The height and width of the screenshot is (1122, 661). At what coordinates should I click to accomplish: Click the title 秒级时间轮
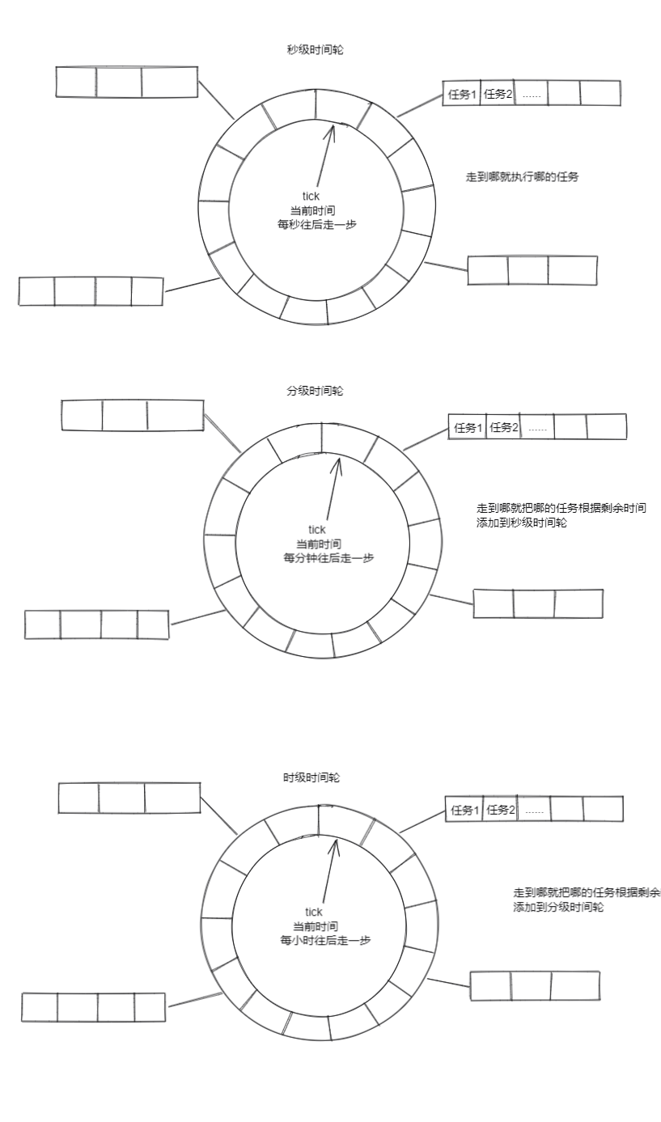(x=311, y=50)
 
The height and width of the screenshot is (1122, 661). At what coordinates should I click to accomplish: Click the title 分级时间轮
(x=315, y=391)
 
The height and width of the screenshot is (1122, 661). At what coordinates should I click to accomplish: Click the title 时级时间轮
(x=311, y=777)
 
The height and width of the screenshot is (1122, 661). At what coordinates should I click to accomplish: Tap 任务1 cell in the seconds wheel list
(x=462, y=94)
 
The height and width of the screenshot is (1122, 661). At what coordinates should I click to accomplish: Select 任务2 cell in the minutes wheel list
(x=504, y=427)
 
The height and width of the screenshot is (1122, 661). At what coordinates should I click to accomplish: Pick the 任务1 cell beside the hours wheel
(x=464, y=810)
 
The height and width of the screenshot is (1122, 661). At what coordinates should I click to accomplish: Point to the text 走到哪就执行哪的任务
(x=523, y=177)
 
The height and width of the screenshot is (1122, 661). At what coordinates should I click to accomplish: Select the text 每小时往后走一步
(x=320, y=941)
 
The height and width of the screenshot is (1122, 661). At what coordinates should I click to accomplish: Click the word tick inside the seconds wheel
(x=311, y=196)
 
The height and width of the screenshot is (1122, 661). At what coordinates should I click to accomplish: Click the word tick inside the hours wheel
(x=314, y=912)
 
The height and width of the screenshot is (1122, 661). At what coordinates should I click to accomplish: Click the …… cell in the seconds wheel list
(x=531, y=94)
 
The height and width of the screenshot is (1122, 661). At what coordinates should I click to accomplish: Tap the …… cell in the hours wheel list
(x=534, y=810)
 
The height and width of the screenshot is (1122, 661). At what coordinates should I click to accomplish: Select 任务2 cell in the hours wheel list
(x=501, y=810)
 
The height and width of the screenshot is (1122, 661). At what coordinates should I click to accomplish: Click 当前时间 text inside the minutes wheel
(x=317, y=544)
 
